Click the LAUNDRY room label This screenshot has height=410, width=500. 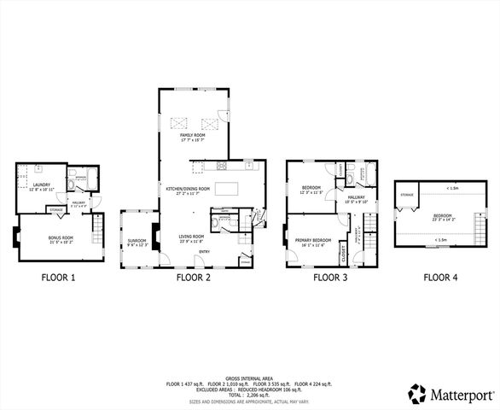[x=41, y=184]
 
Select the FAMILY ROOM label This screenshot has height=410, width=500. [x=193, y=137]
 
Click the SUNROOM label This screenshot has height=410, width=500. [x=137, y=243]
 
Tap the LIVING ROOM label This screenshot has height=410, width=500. [x=190, y=237]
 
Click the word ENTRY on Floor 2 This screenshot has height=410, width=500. [x=206, y=252]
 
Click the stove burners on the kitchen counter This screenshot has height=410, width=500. [x=223, y=165]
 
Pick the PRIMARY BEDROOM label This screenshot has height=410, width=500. [x=317, y=242]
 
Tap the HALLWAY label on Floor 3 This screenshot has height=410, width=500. [x=356, y=200]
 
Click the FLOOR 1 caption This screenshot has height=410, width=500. [x=60, y=278]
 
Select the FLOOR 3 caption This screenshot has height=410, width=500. [x=331, y=278]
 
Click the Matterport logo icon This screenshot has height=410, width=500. [x=416, y=394]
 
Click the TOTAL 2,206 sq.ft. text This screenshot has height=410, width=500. [x=249, y=394]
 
